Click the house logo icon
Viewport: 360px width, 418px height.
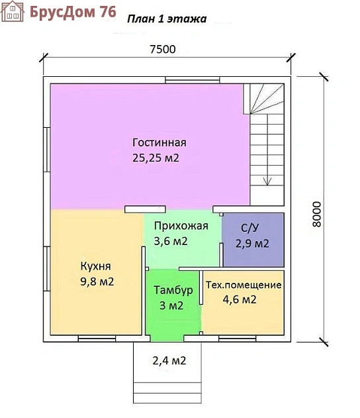13,11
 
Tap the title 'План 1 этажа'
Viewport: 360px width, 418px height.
167,19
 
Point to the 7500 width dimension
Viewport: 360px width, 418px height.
162,49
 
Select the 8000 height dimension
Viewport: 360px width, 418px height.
316,214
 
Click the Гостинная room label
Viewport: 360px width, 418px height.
159,142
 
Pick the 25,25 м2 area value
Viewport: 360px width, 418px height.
156,158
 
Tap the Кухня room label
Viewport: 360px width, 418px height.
95,266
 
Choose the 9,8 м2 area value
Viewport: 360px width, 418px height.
97,282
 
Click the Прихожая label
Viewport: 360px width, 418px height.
181,226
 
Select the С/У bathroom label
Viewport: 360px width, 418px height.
249,228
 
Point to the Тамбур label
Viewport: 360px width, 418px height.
173,290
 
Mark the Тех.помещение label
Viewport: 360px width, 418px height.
244,285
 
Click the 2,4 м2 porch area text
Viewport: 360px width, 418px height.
169,360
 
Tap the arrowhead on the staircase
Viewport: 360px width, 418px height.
267,182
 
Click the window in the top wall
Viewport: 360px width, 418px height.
193,80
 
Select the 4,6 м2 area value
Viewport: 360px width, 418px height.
240,299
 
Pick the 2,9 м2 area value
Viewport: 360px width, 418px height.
252,244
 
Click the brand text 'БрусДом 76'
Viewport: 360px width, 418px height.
73,12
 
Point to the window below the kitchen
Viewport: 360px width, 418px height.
97,339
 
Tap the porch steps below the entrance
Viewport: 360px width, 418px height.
167,392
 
